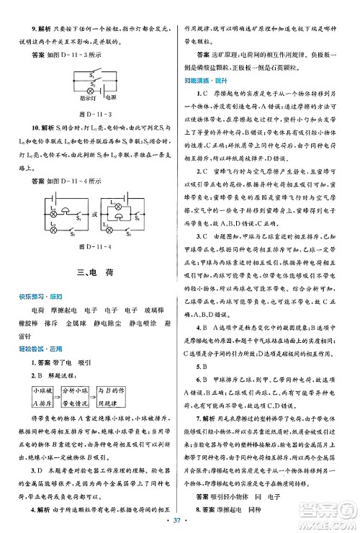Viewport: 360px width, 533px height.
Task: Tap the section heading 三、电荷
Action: [95, 274]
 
